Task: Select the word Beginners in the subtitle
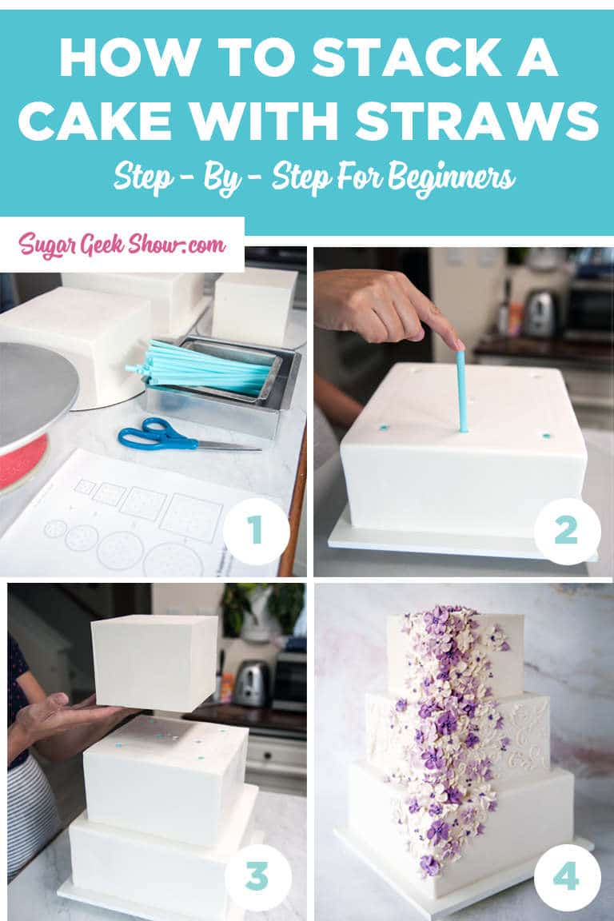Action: click(452, 177)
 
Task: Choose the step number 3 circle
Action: click(257, 876)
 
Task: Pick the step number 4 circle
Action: click(566, 877)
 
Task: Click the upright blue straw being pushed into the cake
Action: click(462, 392)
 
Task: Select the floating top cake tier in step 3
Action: click(153, 662)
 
